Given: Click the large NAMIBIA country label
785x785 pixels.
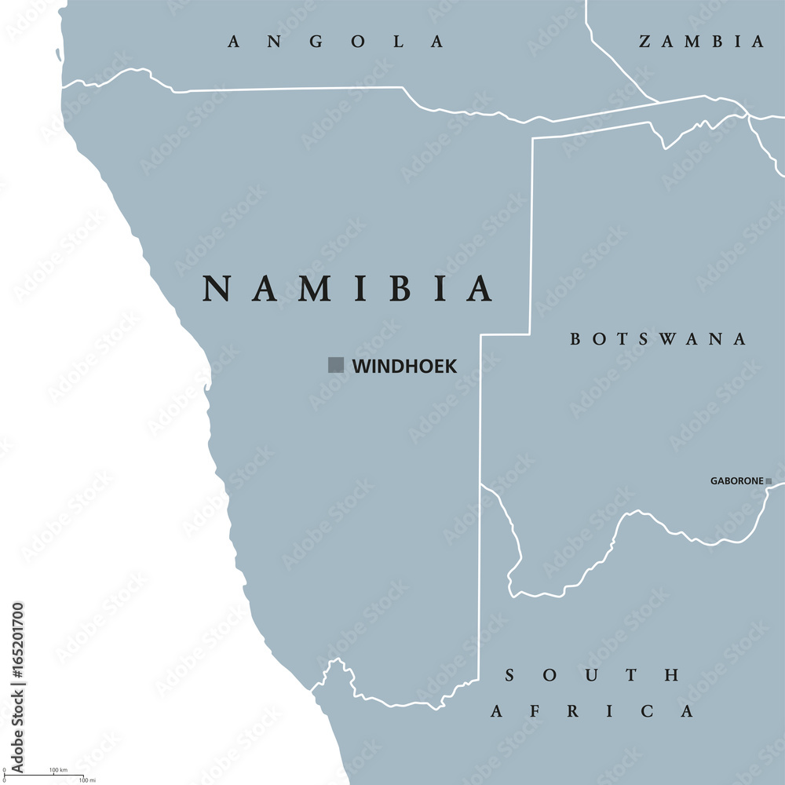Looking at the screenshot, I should (x=348, y=288).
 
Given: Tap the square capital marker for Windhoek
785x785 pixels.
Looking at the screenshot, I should (x=336, y=365).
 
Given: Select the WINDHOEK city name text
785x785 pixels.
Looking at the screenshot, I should (x=404, y=366).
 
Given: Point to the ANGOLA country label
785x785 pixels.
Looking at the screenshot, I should (x=336, y=42).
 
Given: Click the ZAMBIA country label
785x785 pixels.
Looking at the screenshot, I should (x=701, y=42).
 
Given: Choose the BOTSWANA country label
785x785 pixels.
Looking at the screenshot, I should (x=658, y=339).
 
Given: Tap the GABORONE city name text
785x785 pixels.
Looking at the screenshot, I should (x=737, y=481).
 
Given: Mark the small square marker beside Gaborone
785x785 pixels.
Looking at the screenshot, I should (x=769, y=481).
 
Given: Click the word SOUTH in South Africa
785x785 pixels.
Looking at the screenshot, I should (x=593, y=675).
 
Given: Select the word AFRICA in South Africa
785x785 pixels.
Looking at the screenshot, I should (x=593, y=712).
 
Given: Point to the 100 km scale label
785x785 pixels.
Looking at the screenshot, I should (x=57, y=770).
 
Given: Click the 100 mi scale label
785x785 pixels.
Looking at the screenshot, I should (x=87, y=780).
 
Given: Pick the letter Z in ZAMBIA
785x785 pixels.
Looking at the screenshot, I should (x=646, y=42).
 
